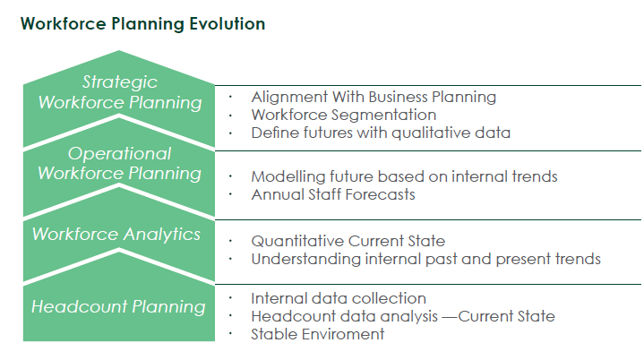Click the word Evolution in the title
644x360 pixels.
pos(227,24)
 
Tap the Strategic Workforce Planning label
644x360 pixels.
pos(120,92)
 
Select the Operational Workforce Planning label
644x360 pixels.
pos(119,163)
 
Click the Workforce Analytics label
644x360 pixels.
pos(116,234)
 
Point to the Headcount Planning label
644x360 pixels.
pos(118,306)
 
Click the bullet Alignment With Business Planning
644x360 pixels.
pos(374,98)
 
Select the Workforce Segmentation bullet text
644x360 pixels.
pos(344,115)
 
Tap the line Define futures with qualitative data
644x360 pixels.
pos(381,133)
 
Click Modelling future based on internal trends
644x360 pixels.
pos(405,176)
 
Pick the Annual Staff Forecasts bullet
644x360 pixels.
pos(333,194)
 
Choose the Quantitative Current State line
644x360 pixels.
pos(348,241)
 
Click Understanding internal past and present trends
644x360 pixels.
pos(426,259)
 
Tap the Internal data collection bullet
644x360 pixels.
pos(339,298)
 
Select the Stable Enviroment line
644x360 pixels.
pos(318,334)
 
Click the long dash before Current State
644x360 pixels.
pos(450,317)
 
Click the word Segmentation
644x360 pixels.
pos(390,115)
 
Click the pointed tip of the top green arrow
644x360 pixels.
pos(119,51)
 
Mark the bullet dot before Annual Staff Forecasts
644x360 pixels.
pos(230,194)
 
